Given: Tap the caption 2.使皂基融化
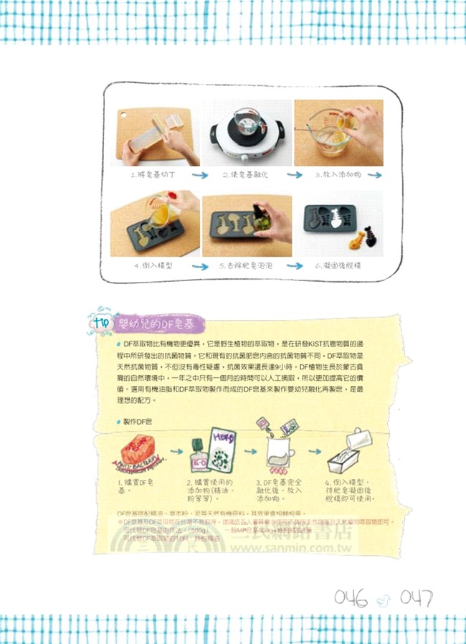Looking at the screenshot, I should [x=244, y=175].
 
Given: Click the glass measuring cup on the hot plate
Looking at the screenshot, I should [x=247, y=122].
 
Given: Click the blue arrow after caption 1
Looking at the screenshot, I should [x=200, y=175].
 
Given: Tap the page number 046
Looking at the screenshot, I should [x=351, y=597].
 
